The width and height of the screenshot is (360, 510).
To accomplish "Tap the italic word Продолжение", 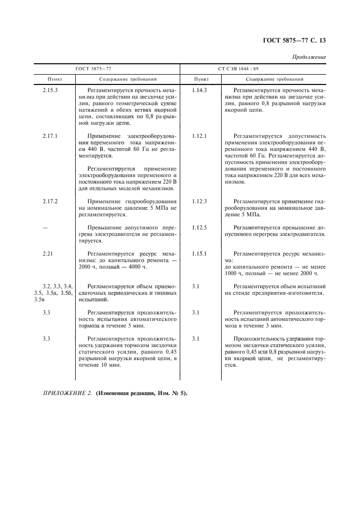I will pos(309,57).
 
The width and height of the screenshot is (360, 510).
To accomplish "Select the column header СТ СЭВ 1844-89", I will pos(253,69).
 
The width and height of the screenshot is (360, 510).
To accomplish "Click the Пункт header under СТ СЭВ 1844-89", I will pos(200,79).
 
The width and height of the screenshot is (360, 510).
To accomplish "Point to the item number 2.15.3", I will pos(51,89).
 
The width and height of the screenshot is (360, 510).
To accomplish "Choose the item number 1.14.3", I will pos(200,89).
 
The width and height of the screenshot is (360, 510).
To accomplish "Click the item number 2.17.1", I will pos(51,135).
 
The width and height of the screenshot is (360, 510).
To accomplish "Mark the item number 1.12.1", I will pos(200,135).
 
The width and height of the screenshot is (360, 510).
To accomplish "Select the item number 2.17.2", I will pos(51,201).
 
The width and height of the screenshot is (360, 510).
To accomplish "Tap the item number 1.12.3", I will pos(200,201).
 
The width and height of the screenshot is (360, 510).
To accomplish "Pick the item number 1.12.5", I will pos(200,227).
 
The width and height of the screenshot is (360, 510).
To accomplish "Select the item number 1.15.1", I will pos(200,254).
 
